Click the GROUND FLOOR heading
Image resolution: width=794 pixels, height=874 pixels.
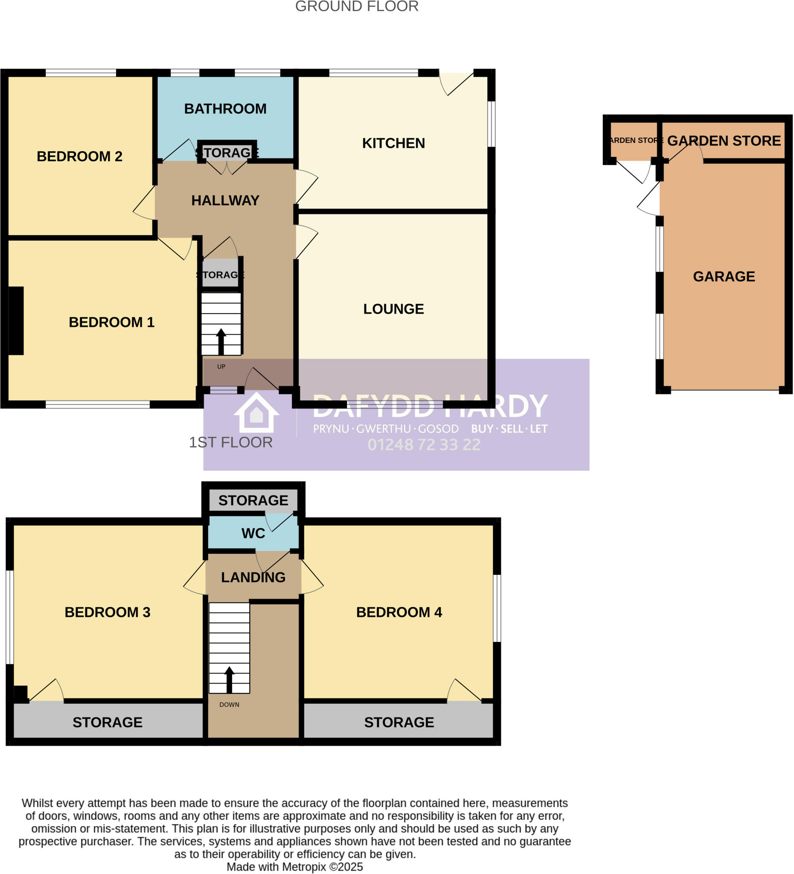[x=356, y=6]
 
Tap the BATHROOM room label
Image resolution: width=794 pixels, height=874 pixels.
[x=225, y=108]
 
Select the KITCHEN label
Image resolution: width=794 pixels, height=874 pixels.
[x=393, y=143]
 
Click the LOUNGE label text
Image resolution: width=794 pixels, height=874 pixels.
[x=393, y=309]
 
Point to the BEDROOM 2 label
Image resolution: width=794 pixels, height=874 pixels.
[x=79, y=156]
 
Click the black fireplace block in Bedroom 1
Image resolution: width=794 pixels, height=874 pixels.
[x=16, y=320]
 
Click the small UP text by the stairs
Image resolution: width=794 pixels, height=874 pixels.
[x=221, y=366]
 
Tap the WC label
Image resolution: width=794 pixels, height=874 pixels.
[x=253, y=533]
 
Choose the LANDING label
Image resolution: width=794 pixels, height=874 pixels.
[x=253, y=577]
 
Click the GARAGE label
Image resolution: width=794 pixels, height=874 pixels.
[x=723, y=276]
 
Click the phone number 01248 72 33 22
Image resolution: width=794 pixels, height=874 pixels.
[x=423, y=445]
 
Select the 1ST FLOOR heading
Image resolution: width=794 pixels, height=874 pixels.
[x=230, y=442]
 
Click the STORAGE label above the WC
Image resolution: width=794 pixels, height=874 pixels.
[x=253, y=500]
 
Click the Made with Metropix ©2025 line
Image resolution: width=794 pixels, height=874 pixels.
[x=295, y=867]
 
